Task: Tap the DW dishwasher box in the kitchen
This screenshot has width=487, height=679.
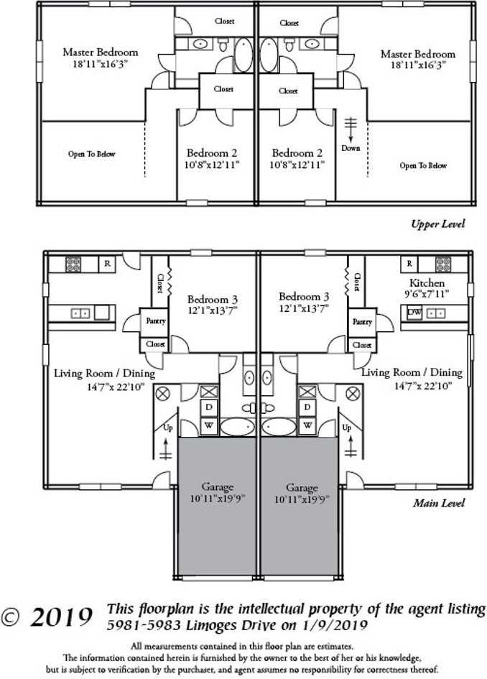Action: point(414,313)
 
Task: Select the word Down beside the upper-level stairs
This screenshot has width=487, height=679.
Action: point(351,148)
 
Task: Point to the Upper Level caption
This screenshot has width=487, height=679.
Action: point(437,224)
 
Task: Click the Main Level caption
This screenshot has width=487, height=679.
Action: point(438,503)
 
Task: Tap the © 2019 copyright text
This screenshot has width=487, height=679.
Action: point(48,616)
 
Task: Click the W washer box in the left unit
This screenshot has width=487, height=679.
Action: point(209,425)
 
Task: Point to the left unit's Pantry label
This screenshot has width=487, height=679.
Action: point(156,321)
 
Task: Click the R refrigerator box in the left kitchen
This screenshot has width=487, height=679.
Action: point(107,264)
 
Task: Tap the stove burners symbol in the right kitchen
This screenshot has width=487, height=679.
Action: point(442,264)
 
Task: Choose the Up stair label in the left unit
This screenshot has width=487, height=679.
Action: point(168,428)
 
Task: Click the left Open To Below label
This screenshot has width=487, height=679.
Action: point(92,154)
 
